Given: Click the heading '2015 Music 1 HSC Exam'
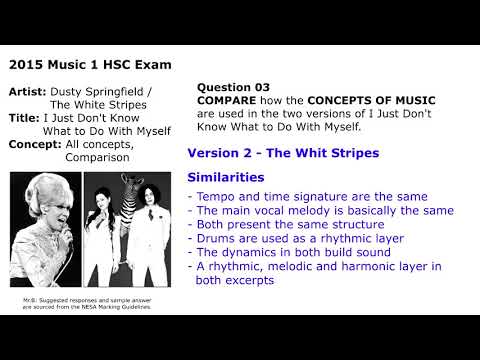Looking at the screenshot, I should [89, 65].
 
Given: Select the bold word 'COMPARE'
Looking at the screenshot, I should [229, 101].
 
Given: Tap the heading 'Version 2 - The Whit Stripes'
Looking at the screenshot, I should [283, 153].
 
